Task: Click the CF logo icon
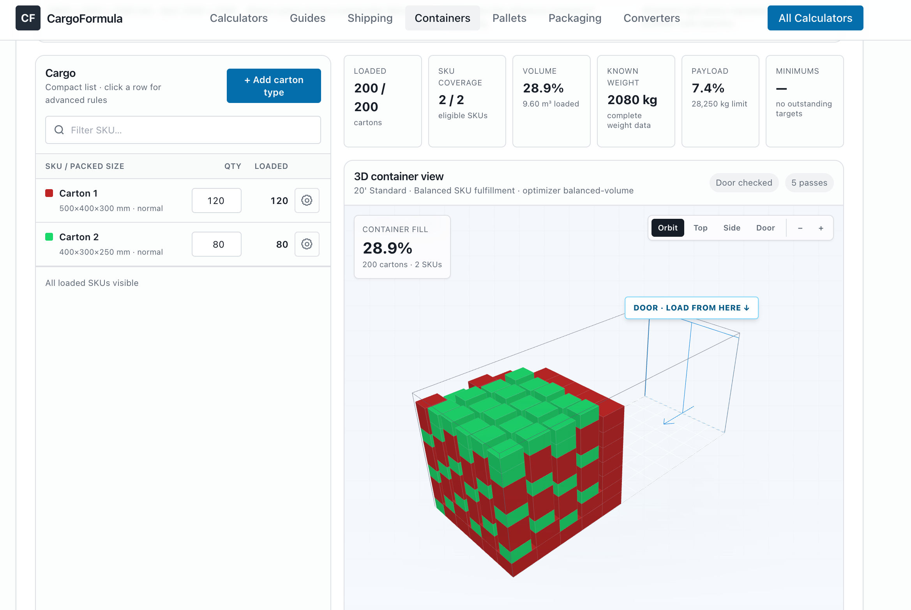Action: click(x=28, y=18)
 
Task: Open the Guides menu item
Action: click(x=307, y=18)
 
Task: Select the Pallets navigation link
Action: click(x=509, y=18)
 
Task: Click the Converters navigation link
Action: click(x=651, y=18)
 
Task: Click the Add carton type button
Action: click(x=274, y=86)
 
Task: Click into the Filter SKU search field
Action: click(x=183, y=130)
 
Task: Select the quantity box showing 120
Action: click(x=216, y=200)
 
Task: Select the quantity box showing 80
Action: click(x=216, y=244)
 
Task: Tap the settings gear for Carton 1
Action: click(x=307, y=200)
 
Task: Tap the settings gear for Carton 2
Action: click(x=307, y=244)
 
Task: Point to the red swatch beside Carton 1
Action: click(x=49, y=193)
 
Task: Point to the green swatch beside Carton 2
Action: click(x=49, y=237)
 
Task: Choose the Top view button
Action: click(x=700, y=228)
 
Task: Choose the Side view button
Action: click(x=732, y=228)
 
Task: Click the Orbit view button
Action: click(x=668, y=228)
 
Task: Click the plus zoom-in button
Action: click(x=821, y=228)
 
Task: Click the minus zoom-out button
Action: click(x=800, y=228)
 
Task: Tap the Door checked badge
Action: click(x=744, y=183)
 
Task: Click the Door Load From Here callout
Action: click(x=691, y=308)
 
